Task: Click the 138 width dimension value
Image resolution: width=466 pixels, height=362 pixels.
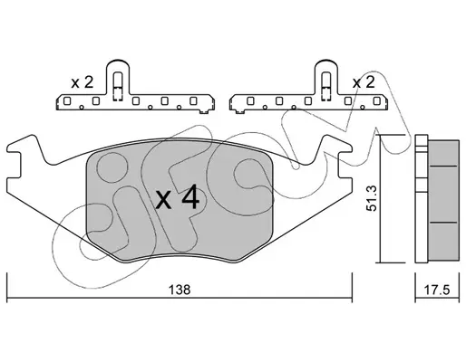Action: [x=180, y=290]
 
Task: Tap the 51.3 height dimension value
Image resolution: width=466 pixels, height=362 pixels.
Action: [x=371, y=198]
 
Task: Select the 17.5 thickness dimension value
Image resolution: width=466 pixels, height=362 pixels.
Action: [x=437, y=291]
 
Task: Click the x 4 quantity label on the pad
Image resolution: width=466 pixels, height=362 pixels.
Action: [x=178, y=197]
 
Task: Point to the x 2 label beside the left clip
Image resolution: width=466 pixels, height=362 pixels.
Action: [x=83, y=82]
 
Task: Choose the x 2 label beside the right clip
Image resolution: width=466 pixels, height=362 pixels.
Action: [x=364, y=82]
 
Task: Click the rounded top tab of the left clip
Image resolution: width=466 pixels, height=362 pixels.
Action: [x=118, y=64]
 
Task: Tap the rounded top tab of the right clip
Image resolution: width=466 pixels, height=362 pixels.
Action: [x=326, y=64]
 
